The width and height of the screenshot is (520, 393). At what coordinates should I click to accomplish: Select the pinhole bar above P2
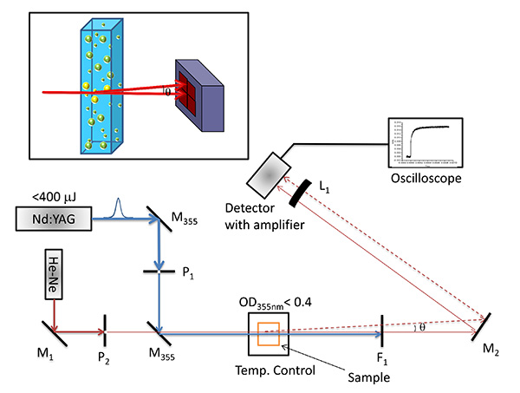click(105, 331)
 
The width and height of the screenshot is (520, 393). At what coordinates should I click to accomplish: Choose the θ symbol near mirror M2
click(422, 327)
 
